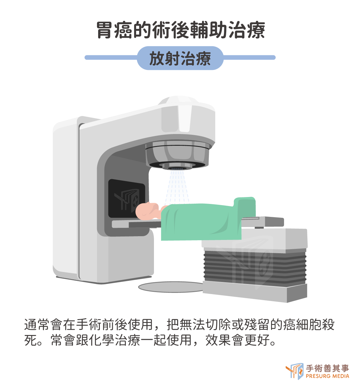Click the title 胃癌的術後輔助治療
181,30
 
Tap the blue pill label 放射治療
180,58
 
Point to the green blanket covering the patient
205,221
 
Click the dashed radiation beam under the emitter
177,187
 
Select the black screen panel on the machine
127,198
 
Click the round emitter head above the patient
178,155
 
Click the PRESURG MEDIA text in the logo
327,376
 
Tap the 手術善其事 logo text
327,368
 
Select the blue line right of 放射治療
249,57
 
